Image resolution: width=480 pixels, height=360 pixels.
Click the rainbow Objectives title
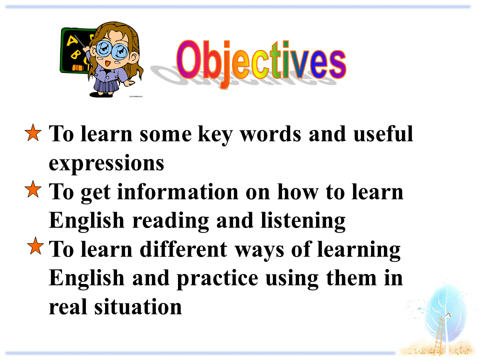click(261, 63)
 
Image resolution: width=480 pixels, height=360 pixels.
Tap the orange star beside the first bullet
click(33, 132)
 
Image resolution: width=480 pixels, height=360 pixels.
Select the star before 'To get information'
click(33, 189)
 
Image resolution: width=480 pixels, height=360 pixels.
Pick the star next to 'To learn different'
click(35, 246)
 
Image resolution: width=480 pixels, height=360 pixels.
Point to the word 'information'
click(177, 192)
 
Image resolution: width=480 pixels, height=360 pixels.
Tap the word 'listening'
click(303, 221)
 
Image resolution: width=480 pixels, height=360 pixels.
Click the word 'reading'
click(170, 221)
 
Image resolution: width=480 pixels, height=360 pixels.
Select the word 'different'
click(183, 249)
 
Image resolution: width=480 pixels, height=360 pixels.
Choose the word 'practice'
click(217, 278)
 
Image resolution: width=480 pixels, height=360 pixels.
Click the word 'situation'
click(138, 306)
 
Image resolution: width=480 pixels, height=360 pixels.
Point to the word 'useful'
click(383, 134)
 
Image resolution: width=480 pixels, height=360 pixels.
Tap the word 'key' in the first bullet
click(215, 135)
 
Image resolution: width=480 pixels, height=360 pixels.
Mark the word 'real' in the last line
click(67, 306)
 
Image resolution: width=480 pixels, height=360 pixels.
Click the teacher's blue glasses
click(112, 49)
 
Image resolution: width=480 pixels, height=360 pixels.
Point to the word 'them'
click(351, 278)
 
